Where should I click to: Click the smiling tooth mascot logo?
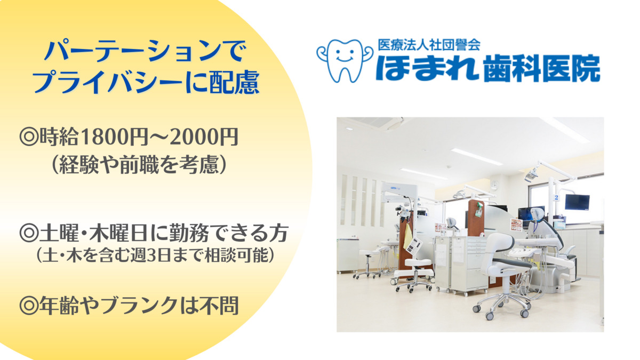(x=345, y=61)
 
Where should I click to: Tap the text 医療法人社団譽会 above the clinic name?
(x=429, y=45)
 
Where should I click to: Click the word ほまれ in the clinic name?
(x=427, y=68)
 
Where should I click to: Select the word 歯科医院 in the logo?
(x=542, y=69)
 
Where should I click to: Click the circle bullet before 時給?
(x=29, y=138)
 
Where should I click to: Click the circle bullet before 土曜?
(x=29, y=234)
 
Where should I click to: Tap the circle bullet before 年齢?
(x=29, y=306)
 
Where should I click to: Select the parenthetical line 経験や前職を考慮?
(x=139, y=165)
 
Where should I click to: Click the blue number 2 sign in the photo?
(x=556, y=197)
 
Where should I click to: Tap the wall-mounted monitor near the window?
(x=577, y=202)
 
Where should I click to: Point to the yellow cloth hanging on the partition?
(x=407, y=237)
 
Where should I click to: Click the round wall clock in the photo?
(x=494, y=185)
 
